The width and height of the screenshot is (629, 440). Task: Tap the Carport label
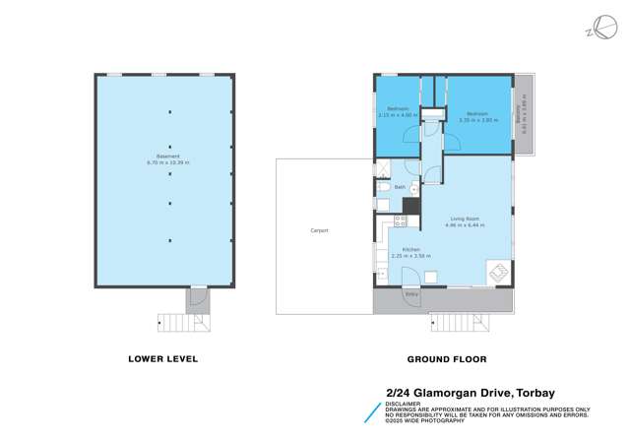(319, 230)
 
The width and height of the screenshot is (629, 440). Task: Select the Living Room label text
(464, 219)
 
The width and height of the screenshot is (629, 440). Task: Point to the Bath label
(400, 186)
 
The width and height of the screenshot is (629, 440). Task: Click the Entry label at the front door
(410, 294)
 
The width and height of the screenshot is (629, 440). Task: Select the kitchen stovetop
(399, 221)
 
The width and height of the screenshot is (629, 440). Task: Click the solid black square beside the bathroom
(411, 206)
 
